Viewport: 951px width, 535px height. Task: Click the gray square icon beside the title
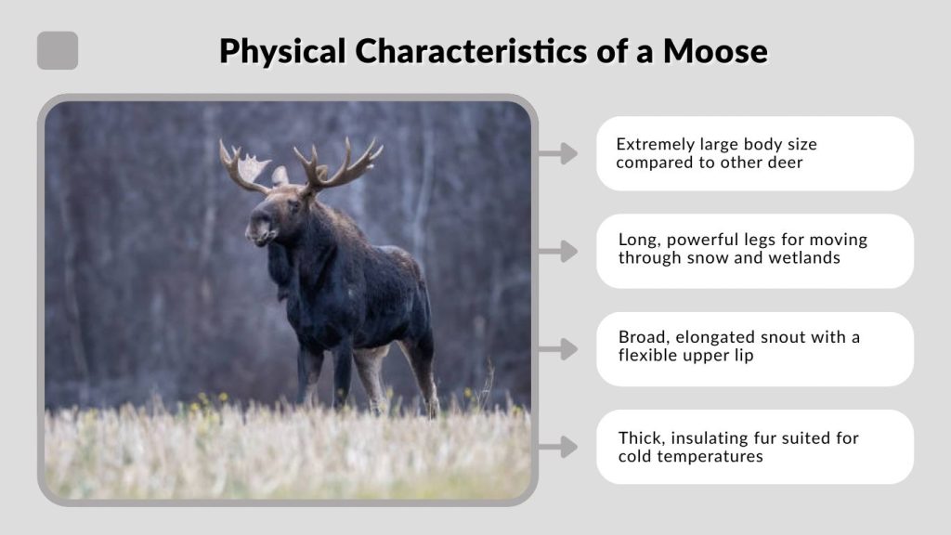pos(58,50)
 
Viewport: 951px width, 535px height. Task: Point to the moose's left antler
pos(243,167)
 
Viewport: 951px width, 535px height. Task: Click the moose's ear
pos(280,176)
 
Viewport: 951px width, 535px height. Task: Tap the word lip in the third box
pos(742,356)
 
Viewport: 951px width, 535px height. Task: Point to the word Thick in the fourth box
pos(639,438)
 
